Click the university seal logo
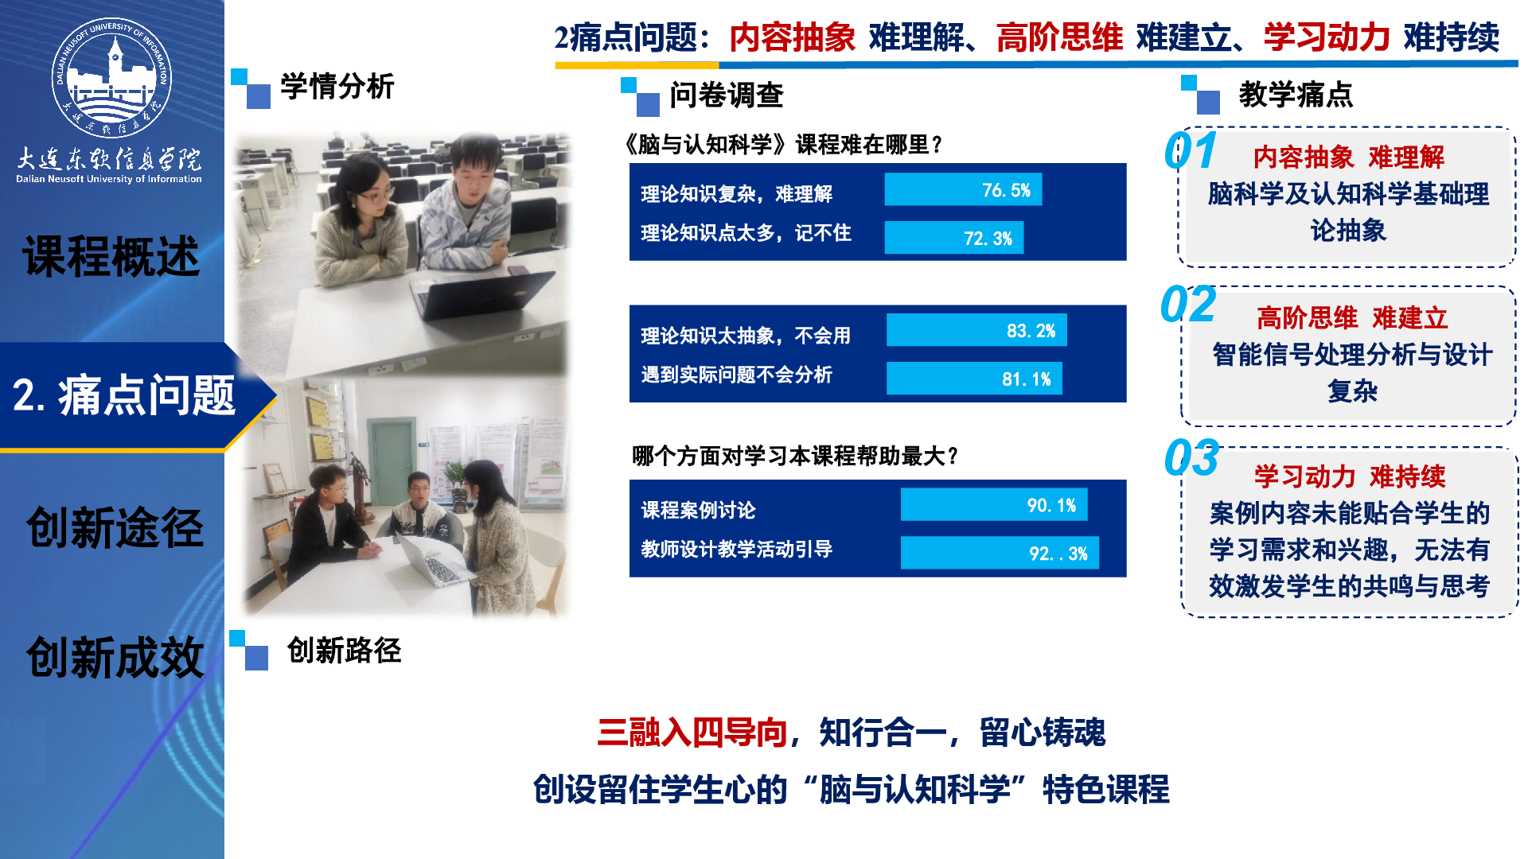[111, 77]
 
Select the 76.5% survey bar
[963, 190]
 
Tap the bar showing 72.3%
[954, 238]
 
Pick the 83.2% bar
[976, 330]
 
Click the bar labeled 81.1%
[974, 379]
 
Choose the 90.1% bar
[994, 505]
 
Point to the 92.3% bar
[1000, 553]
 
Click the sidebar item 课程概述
[111, 257]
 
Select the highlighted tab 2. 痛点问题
[125, 395]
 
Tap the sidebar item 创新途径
[115, 527]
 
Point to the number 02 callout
[1188, 305]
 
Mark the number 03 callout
[1191, 458]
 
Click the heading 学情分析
[337, 87]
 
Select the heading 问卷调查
[727, 95]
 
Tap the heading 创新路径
[344, 651]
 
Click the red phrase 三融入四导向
[692, 733]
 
